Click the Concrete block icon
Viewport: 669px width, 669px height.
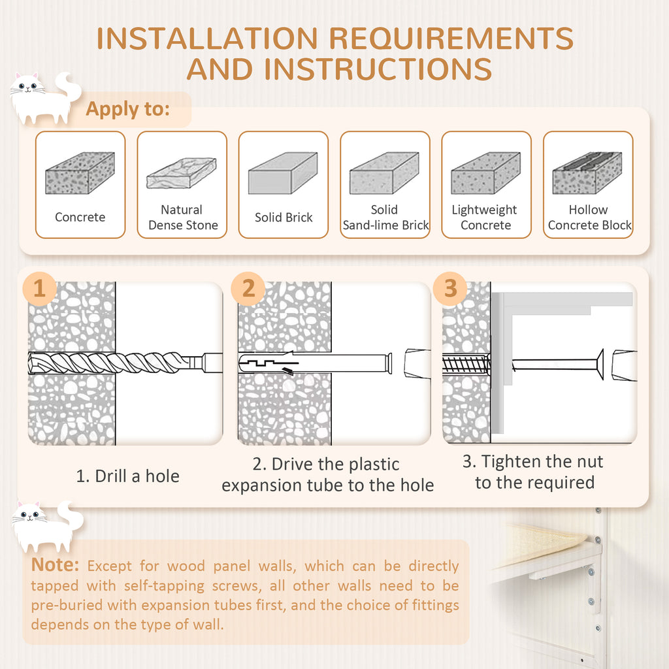80,173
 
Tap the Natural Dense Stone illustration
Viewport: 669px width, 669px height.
182,172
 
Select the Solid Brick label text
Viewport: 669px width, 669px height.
284,218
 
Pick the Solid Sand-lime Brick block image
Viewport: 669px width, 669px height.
384,173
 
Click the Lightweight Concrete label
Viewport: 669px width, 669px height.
485,218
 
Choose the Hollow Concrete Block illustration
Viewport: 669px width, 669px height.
587,173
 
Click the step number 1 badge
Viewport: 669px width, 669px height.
40,289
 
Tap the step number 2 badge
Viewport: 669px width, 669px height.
248,289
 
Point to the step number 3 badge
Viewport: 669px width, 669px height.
450,289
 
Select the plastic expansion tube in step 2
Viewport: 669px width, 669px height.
314,363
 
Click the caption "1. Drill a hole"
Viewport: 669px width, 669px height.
127,476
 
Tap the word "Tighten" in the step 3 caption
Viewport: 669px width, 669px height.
511,462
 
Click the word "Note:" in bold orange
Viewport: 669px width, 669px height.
56,564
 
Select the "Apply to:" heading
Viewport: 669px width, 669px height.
128,109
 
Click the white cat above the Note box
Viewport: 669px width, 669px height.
46,527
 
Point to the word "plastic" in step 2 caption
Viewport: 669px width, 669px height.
367,465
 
